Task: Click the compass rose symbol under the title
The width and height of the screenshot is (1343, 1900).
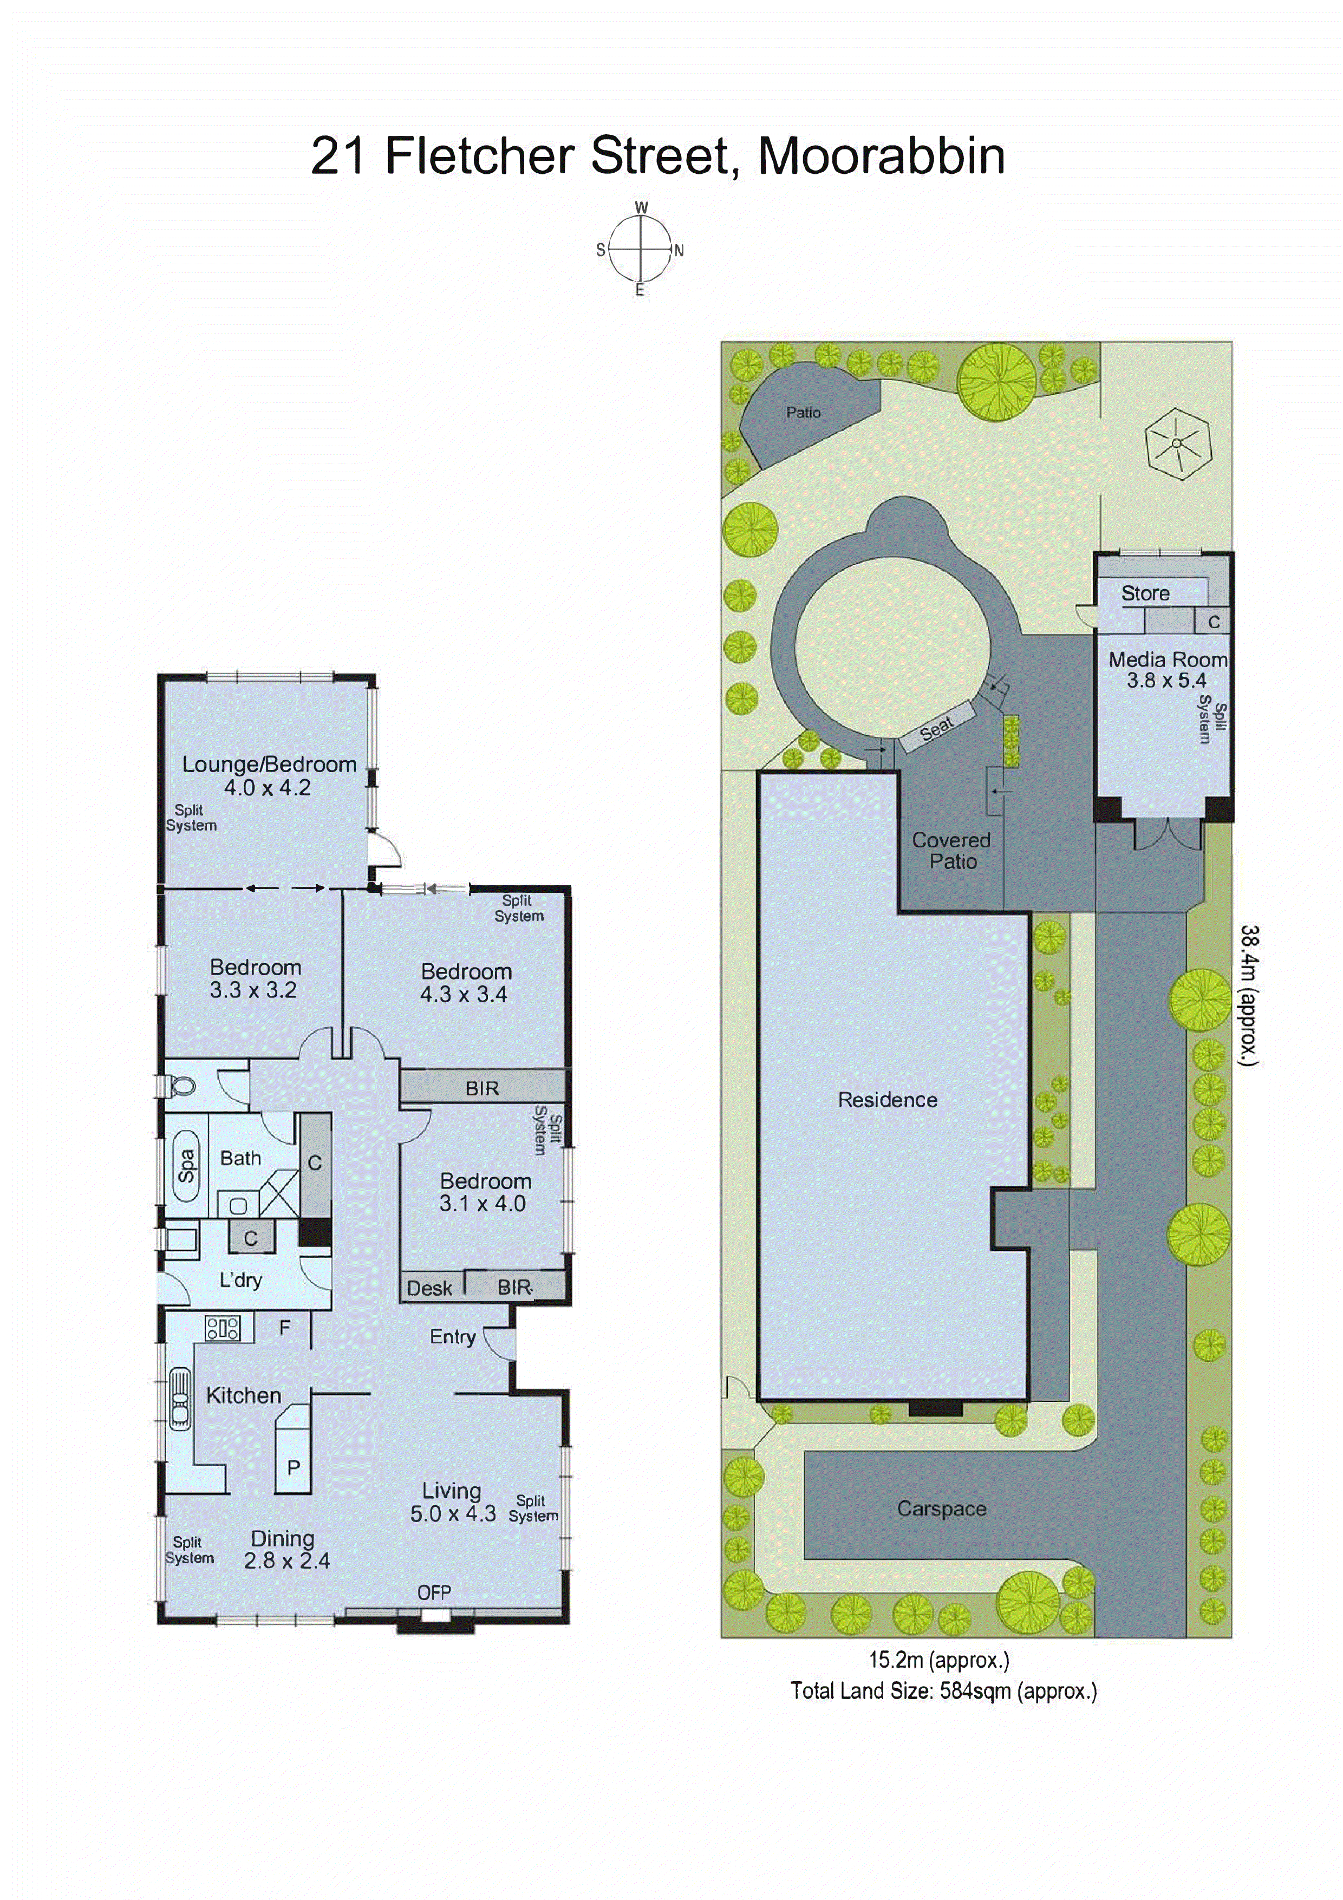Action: point(640,248)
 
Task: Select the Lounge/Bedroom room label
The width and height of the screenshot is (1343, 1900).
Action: point(269,765)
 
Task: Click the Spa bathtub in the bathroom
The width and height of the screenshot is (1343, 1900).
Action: point(187,1165)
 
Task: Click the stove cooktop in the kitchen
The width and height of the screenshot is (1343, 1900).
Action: point(223,1328)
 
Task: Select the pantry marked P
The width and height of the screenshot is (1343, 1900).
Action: point(293,1467)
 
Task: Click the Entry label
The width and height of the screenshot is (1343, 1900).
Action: point(452,1336)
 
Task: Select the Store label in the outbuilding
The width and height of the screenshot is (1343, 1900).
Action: point(1145,593)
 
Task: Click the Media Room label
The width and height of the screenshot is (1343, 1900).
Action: point(1167,660)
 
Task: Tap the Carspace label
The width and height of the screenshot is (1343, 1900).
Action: point(942,1509)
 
